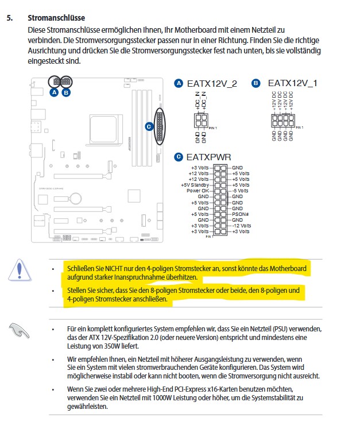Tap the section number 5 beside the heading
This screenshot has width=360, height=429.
9,18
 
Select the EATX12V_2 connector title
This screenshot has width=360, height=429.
211,83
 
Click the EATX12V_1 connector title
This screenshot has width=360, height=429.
292,83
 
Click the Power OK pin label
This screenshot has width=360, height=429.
198,191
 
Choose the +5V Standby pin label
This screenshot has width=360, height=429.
195,185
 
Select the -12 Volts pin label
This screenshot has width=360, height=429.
241,226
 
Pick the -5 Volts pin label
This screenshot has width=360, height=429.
241,191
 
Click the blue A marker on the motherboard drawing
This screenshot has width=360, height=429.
54,92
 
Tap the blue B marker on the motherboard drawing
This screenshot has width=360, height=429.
66,92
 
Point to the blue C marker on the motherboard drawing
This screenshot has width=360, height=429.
149,126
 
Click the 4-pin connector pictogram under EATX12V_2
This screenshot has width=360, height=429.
201,121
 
